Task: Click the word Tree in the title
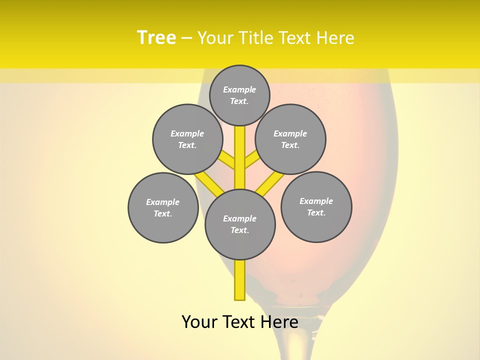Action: (x=156, y=37)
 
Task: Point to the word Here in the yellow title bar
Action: (x=335, y=38)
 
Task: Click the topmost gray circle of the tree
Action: (x=239, y=95)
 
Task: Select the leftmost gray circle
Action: (x=163, y=207)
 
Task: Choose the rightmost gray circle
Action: (x=316, y=206)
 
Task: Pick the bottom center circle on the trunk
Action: (x=240, y=224)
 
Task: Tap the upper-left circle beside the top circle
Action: (x=187, y=139)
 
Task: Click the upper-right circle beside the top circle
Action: (x=290, y=139)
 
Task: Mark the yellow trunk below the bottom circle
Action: (x=240, y=280)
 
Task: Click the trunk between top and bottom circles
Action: (x=240, y=157)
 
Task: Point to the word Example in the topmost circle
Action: (x=239, y=89)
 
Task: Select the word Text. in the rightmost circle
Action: (x=316, y=212)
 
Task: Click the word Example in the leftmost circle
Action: (x=163, y=202)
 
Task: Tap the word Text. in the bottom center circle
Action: (x=239, y=230)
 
